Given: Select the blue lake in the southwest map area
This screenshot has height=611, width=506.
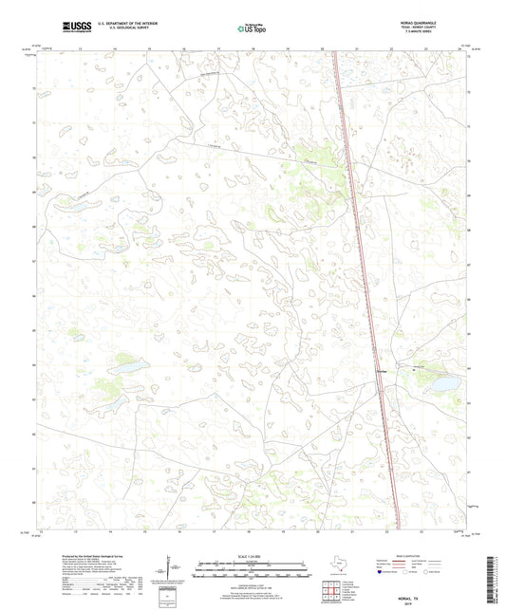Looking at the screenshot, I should tap(127, 364).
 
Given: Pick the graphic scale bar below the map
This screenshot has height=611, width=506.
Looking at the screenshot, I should tap(252, 573).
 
